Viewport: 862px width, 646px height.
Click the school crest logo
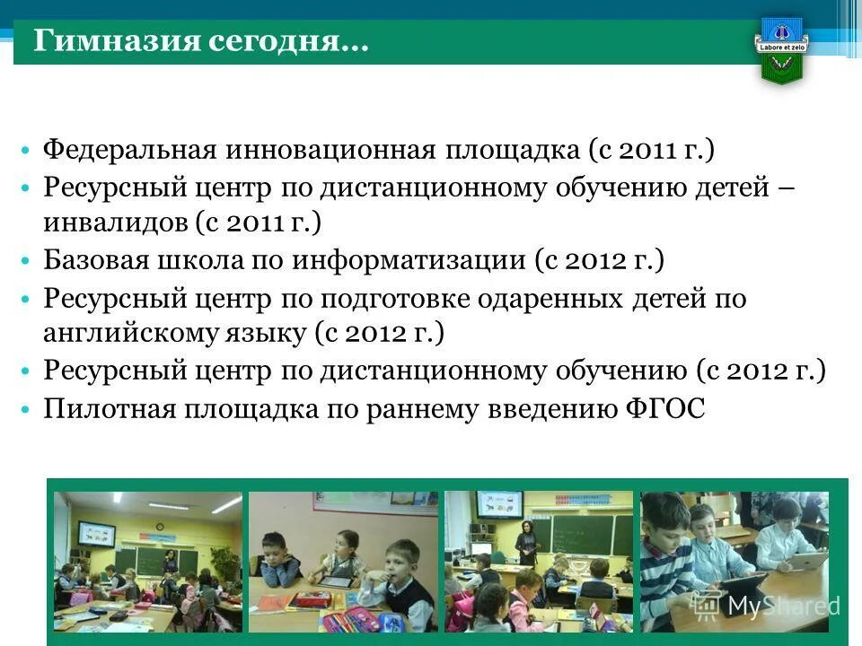click(783, 49)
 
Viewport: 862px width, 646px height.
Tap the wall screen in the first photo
click(96, 536)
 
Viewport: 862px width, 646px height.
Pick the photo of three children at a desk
click(343, 562)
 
